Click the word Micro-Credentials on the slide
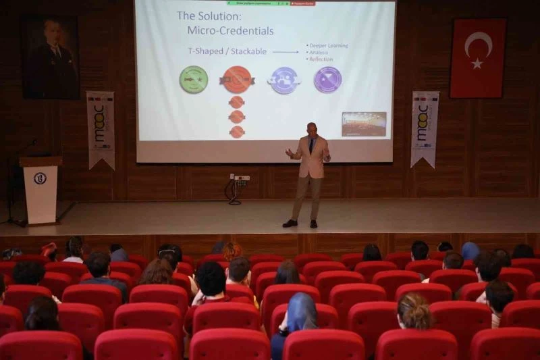(x=230, y=30)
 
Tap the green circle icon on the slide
(x=194, y=80)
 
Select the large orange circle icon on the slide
(x=237, y=80)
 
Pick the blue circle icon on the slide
(x=284, y=80)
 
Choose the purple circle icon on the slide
(x=327, y=80)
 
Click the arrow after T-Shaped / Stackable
(x=286, y=51)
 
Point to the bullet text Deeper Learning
(x=329, y=45)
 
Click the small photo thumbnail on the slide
(x=364, y=124)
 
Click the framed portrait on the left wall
(x=51, y=58)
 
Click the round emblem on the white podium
(x=40, y=178)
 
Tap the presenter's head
(x=311, y=128)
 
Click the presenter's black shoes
(x=300, y=223)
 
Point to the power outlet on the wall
(x=241, y=179)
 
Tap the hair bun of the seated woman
(x=414, y=313)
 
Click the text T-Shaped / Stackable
(x=227, y=51)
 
